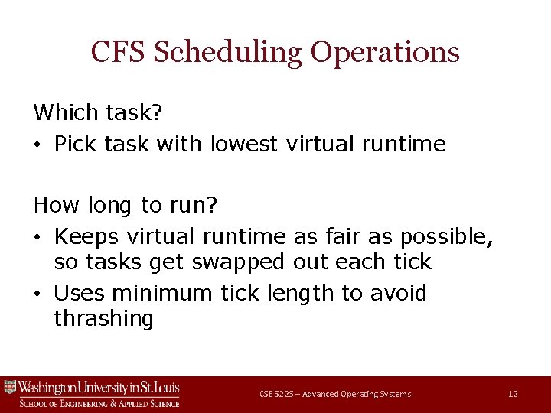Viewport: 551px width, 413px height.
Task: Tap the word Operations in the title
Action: pyautogui.click(x=385, y=53)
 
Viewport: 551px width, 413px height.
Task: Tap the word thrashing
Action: pyautogui.click(x=104, y=318)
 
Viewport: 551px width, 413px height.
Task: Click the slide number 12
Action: pyautogui.click(x=513, y=394)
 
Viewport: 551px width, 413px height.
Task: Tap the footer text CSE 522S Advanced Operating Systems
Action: pyautogui.click(x=335, y=394)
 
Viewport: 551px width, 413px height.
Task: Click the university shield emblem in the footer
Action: pyautogui.click(x=10, y=387)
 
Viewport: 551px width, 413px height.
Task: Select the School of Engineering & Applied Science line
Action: pyautogui.click(x=99, y=403)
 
